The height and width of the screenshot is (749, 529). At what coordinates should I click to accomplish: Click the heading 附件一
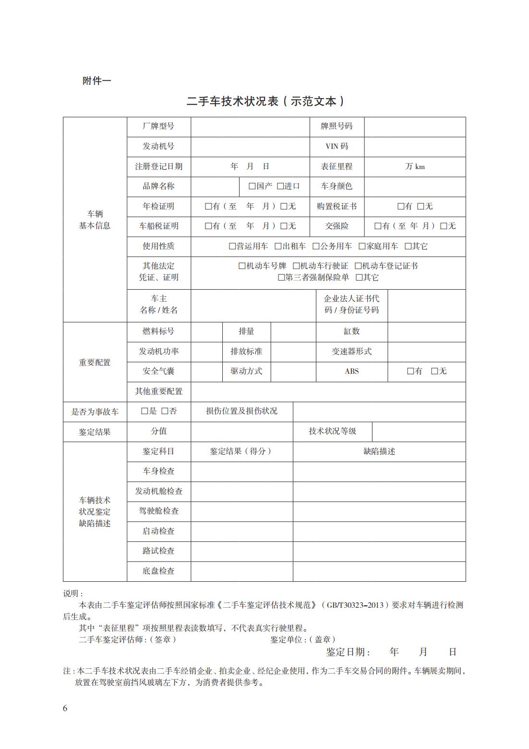tap(96, 81)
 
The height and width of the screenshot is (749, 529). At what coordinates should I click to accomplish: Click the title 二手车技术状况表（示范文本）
tap(265, 101)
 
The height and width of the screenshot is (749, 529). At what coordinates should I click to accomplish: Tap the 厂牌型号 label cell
tap(158, 126)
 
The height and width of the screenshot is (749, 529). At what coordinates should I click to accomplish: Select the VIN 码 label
tap(337, 147)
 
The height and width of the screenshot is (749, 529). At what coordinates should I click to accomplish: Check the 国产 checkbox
tap(252, 186)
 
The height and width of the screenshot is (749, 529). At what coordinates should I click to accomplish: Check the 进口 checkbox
tap(281, 186)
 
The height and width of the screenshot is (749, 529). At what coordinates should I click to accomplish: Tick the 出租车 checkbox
tap(278, 246)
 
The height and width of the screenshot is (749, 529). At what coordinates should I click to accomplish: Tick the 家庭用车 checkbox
tap(362, 246)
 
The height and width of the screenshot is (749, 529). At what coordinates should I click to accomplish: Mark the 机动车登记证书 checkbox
tap(358, 266)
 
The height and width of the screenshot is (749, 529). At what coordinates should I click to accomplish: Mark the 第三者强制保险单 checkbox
tap(281, 278)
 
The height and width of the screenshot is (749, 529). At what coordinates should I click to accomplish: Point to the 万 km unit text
tap(415, 167)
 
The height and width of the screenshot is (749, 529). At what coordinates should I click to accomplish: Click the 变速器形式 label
tap(351, 352)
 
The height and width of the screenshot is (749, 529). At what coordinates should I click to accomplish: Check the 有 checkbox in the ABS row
tap(410, 371)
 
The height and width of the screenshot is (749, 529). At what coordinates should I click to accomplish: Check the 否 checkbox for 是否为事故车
tap(165, 411)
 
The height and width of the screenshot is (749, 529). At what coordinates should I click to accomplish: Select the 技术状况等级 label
tap(332, 431)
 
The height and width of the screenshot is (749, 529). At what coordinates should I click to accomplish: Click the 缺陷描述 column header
tap(379, 452)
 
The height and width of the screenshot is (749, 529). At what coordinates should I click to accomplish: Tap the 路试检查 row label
tap(158, 551)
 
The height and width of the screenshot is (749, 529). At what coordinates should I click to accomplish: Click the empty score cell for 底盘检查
tap(241, 571)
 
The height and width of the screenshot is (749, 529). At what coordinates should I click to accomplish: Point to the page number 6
tap(65, 709)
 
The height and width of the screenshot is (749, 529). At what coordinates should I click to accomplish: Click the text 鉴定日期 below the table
tap(348, 652)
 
